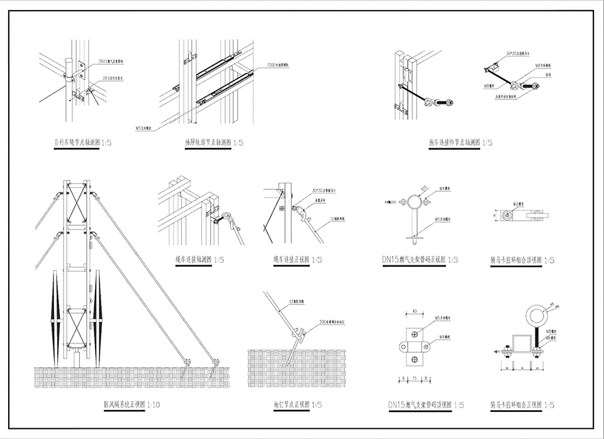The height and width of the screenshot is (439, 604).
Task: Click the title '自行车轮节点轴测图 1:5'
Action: click(83, 143)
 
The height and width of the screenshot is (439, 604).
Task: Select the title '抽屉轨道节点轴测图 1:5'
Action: click(214, 143)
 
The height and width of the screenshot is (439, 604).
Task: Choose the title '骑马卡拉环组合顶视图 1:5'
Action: click(522, 259)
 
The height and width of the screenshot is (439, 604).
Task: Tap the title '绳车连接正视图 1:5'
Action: click(298, 259)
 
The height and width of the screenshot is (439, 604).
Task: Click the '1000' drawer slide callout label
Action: click(277, 65)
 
